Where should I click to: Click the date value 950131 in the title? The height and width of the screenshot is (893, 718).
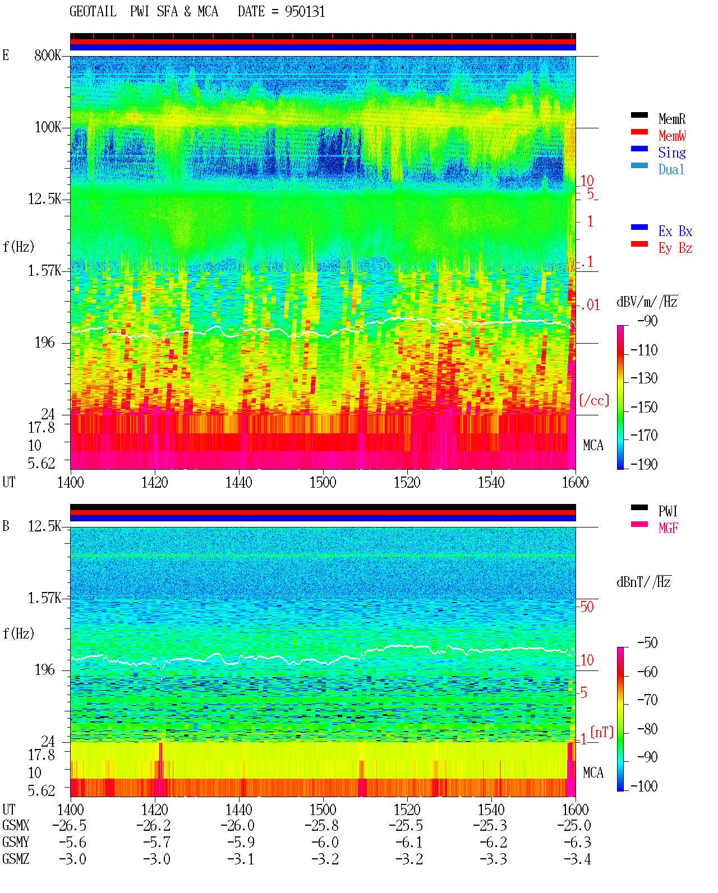305,12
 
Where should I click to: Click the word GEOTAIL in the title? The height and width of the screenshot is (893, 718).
93,12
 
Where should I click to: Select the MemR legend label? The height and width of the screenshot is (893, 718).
672,119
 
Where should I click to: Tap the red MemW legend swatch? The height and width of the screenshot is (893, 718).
639,132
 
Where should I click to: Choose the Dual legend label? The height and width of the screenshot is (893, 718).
671,169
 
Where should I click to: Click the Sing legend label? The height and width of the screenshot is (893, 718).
672,152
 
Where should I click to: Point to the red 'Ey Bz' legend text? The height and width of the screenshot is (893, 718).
675,248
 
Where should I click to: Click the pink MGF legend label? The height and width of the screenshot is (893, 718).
669,528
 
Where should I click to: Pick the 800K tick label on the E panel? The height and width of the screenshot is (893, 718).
48,55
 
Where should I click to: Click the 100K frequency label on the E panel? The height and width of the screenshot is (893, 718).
48,127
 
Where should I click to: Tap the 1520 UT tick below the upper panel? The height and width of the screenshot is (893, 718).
407,482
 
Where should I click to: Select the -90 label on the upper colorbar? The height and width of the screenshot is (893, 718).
648,321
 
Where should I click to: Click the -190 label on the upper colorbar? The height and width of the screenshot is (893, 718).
644,464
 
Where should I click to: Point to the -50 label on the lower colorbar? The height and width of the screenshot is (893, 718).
648,643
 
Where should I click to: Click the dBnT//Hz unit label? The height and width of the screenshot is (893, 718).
644,582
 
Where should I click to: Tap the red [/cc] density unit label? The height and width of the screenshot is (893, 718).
594,400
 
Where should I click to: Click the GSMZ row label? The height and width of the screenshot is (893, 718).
16,859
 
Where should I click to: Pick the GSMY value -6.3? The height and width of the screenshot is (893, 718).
577,843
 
